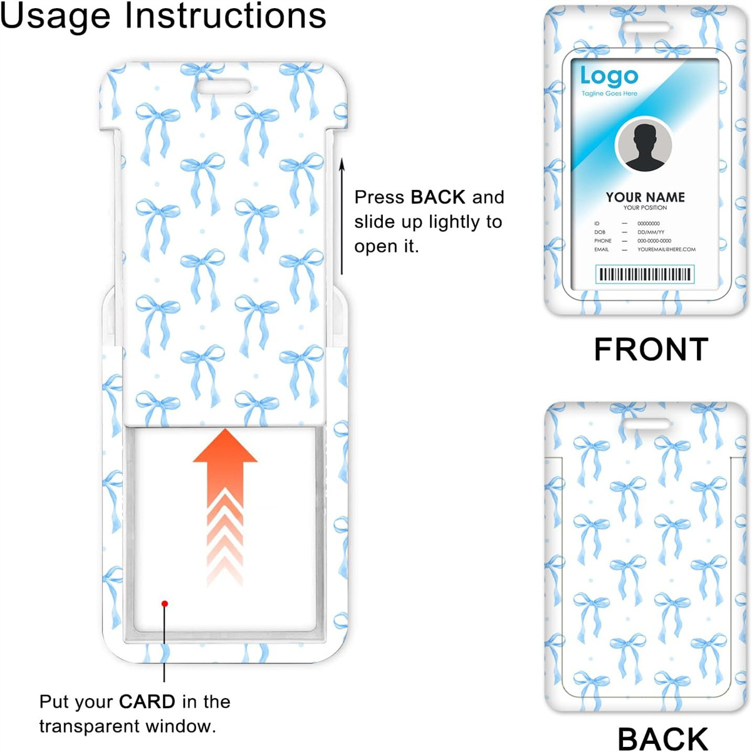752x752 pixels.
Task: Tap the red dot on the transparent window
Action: (165, 604)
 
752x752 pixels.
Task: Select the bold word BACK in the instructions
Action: (438, 197)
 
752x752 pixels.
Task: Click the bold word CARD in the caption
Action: (147, 702)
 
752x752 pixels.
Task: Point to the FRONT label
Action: (650, 350)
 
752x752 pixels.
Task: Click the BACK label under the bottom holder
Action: (662, 738)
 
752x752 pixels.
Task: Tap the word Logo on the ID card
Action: (608, 76)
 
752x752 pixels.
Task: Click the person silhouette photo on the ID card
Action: (644, 146)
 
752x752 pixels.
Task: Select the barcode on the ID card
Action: (645, 274)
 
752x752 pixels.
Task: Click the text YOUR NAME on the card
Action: (645, 197)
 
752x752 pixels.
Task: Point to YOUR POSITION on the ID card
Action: (645, 208)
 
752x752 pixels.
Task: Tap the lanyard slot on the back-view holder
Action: (645, 424)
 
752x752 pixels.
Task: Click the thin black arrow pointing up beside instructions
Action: (342, 216)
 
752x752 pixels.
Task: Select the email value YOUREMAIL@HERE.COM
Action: (666, 249)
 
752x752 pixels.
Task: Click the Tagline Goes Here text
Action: (609, 94)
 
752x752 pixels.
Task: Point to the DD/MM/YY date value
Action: (650, 232)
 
